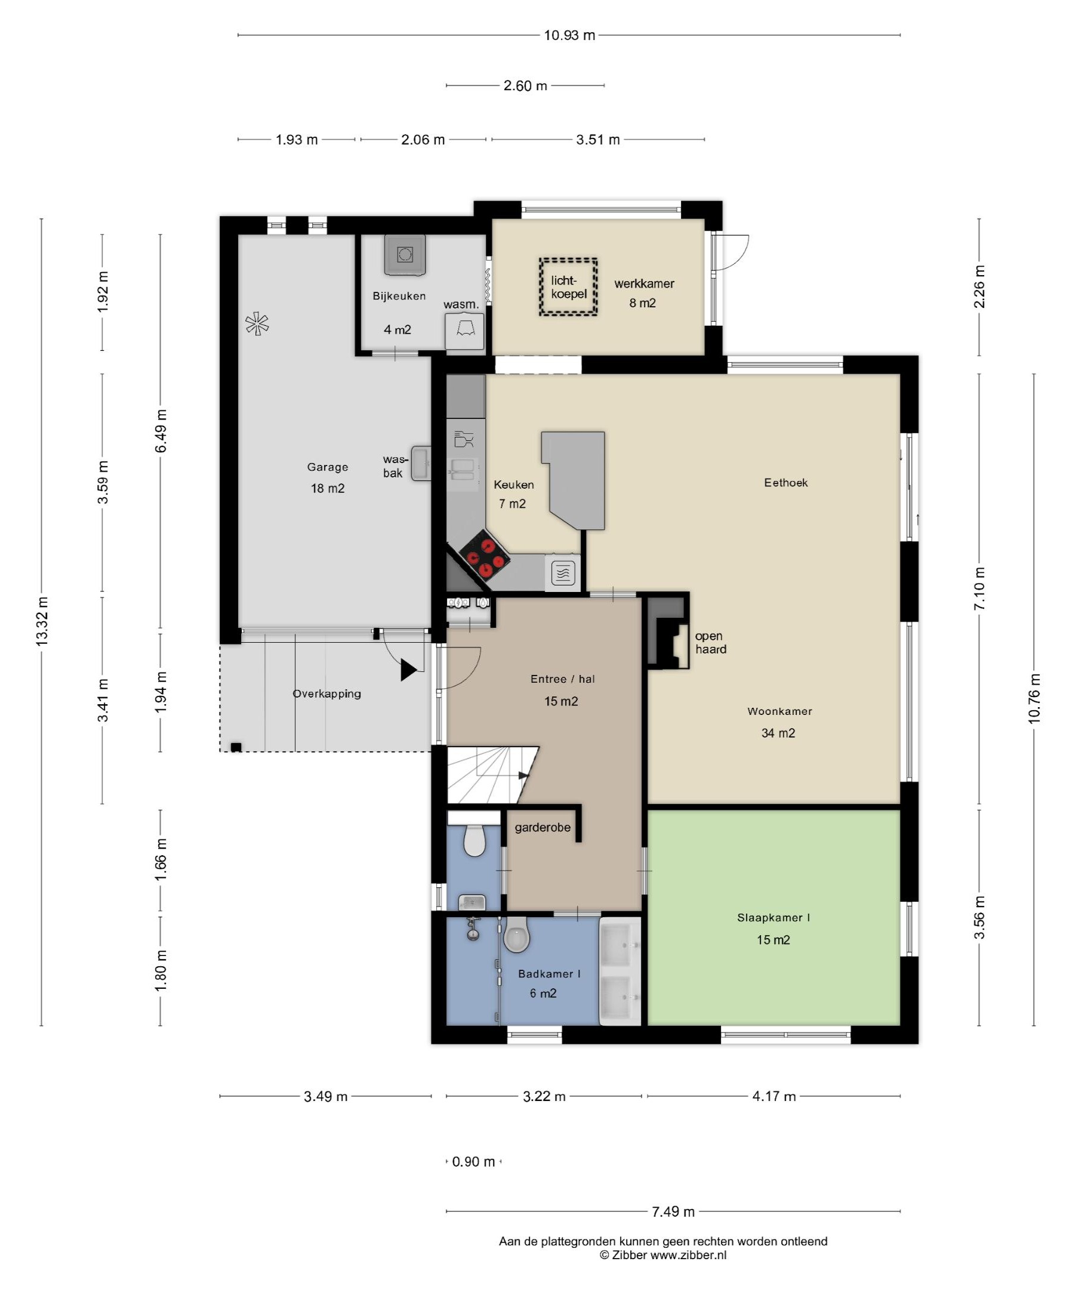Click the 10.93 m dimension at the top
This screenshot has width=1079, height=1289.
click(569, 36)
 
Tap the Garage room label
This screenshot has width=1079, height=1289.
click(327, 467)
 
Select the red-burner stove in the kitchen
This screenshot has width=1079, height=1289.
click(485, 556)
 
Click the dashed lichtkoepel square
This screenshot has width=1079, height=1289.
click(568, 286)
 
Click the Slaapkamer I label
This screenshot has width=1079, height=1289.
click(773, 918)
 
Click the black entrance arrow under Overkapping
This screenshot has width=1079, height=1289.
click(409, 670)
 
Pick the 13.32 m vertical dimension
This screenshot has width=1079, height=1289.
click(42, 622)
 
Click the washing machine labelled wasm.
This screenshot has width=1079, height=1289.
click(465, 331)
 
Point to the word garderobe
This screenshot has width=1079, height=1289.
click(542, 828)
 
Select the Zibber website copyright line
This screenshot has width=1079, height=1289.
click(663, 1255)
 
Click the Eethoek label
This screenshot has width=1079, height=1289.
click(785, 482)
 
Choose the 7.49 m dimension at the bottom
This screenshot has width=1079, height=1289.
click(673, 1211)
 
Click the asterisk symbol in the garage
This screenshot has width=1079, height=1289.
click(257, 324)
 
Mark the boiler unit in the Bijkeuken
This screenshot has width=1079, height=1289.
click(404, 254)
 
